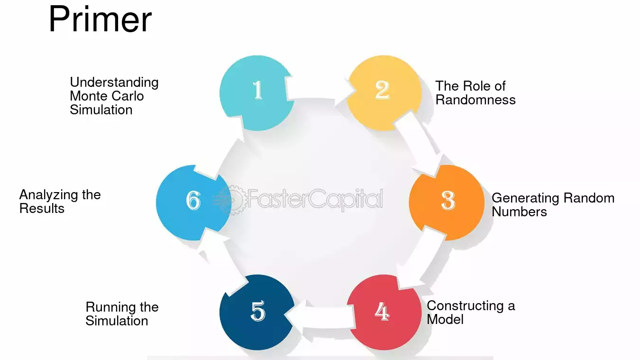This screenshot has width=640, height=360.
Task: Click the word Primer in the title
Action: click(x=100, y=19)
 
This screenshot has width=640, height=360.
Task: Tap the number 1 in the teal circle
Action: click(x=258, y=90)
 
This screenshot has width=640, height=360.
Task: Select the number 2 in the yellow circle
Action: click(x=383, y=90)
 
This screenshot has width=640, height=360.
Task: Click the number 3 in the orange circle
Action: click(x=448, y=200)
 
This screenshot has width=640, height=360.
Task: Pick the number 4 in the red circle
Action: click(x=382, y=312)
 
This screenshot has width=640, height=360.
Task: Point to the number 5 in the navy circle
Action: click(x=258, y=311)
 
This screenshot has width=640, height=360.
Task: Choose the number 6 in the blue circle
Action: click(x=193, y=200)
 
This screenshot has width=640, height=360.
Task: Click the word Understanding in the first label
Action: click(x=114, y=83)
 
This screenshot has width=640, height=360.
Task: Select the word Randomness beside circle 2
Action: click(x=475, y=100)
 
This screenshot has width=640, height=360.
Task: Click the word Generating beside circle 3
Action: click(x=525, y=198)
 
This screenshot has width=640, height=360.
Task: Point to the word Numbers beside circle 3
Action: click(x=519, y=212)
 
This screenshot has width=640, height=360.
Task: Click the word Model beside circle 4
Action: click(x=445, y=319)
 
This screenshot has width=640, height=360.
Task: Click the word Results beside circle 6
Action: click(x=42, y=208)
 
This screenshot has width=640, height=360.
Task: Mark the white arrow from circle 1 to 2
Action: click(x=320, y=88)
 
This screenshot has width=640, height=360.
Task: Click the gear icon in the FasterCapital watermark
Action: click(x=234, y=200)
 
